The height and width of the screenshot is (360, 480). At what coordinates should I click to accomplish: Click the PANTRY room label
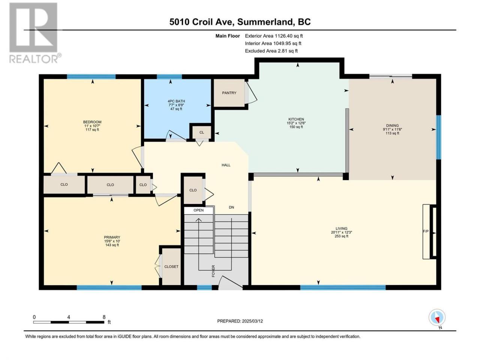tap(229, 93)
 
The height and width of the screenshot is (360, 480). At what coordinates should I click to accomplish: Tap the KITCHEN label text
tap(296, 119)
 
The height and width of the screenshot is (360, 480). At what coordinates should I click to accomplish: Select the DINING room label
tap(392, 126)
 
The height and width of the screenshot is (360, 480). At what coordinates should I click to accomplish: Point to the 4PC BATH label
tap(176, 101)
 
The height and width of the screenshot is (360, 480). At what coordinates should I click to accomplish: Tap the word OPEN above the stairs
tap(198, 210)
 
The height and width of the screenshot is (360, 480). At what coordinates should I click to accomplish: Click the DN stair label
tap(231, 207)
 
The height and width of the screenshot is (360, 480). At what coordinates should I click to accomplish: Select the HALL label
tap(226, 165)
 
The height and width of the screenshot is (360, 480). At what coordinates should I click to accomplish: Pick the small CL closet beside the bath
tap(202, 132)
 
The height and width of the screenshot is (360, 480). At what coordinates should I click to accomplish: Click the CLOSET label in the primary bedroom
tap(171, 267)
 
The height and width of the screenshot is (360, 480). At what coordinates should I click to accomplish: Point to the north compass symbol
tap(437, 318)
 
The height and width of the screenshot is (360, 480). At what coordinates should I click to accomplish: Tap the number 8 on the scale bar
tap(104, 317)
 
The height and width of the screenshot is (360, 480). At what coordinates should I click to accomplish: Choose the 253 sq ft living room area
tap(341, 236)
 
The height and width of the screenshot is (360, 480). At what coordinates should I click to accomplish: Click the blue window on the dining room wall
tap(438, 137)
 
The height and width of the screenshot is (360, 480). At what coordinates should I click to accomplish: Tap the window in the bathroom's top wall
tap(169, 76)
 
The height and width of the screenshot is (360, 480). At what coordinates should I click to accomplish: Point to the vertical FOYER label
tap(213, 271)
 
